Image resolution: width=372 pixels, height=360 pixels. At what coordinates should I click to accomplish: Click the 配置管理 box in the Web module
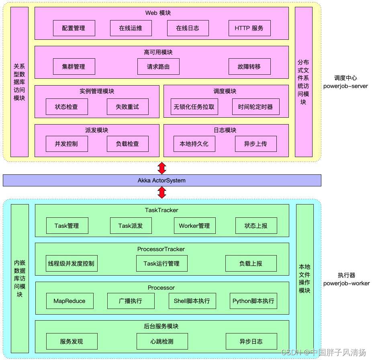click(x=74, y=28)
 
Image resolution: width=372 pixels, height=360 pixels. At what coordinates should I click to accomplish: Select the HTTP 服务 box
click(x=249, y=28)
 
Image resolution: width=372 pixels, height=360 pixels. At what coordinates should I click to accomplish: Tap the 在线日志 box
click(x=187, y=28)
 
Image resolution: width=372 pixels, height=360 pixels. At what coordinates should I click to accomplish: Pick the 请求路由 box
click(x=158, y=67)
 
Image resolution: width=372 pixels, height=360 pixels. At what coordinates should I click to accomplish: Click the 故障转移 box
click(x=249, y=67)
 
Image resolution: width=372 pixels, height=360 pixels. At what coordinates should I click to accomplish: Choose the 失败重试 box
click(x=128, y=107)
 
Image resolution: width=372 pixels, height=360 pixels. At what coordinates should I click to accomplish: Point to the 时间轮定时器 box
click(x=255, y=107)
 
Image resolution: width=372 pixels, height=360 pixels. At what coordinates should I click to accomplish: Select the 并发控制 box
click(x=67, y=144)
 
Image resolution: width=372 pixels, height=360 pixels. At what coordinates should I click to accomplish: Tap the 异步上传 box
click(x=255, y=144)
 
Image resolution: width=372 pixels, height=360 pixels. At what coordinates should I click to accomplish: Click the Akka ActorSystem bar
click(x=162, y=180)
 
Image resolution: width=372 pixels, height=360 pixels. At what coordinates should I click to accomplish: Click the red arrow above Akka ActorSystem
click(x=162, y=168)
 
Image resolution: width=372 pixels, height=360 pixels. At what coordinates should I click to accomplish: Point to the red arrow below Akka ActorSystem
click(x=162, y=193)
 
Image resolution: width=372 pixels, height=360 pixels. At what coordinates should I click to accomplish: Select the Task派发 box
click(x=131, y=226)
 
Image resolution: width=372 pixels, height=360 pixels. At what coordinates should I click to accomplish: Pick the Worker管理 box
click(x=194, y=226)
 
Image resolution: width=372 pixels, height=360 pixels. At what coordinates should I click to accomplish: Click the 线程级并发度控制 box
click(x=72, y=264)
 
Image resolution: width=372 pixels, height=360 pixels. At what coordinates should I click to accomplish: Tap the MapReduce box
click(x=69, y=301)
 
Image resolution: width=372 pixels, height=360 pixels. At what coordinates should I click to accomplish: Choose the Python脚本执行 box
click(x=253, y=301)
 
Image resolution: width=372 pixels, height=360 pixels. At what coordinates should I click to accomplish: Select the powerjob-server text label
click(x=346, y=86)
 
